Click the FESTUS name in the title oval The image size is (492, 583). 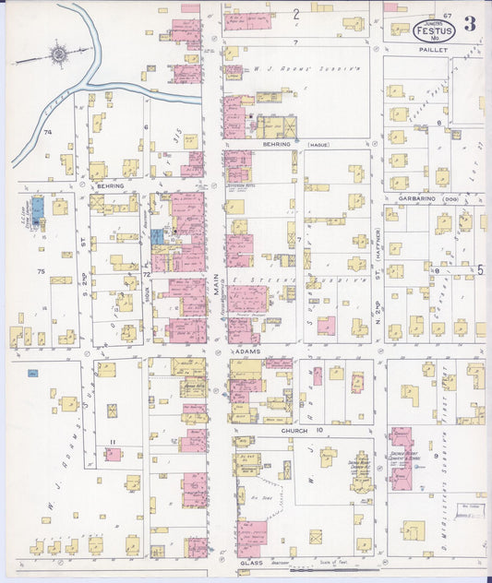(433, 31)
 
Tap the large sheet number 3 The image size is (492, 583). (470, 24)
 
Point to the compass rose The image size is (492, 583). (58, 54)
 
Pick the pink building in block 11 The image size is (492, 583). (113, 454)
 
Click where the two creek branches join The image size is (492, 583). (87, 84)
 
